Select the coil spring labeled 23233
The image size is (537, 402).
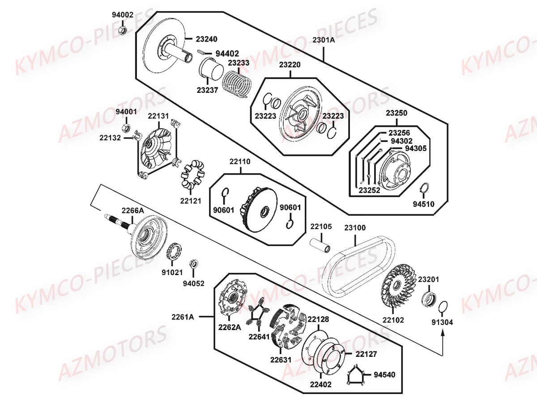(238, 83)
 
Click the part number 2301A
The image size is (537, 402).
(324, 40)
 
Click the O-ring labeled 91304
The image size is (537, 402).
(442, 307)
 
